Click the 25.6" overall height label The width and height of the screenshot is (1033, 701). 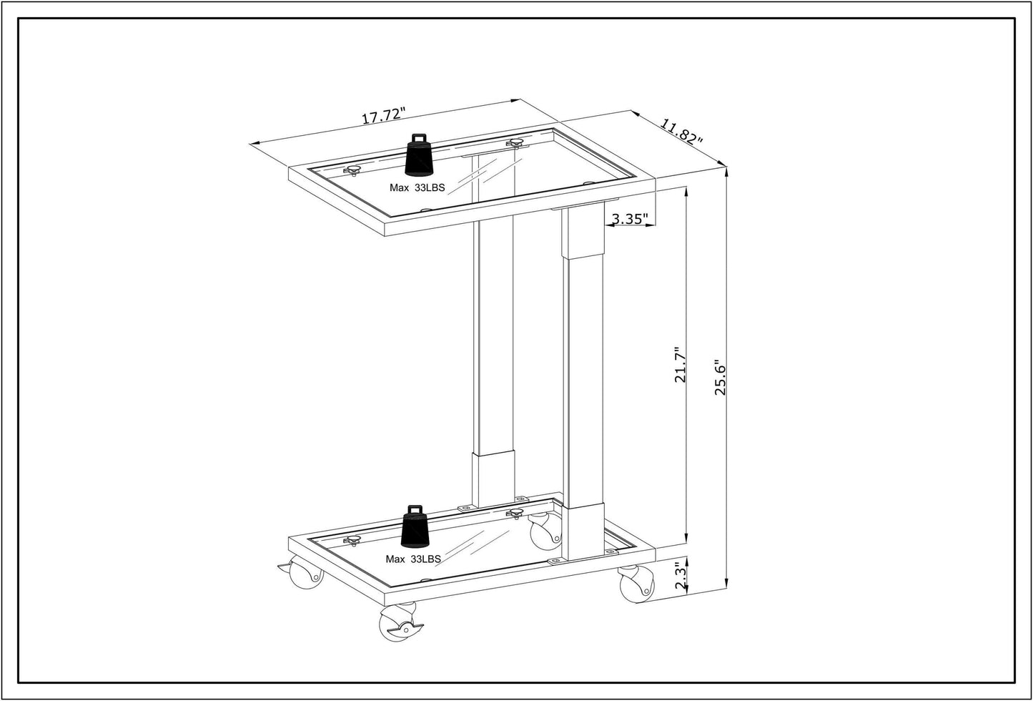pyautogui.click(x=720, y=378)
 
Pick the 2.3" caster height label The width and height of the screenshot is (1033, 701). pyautogui.click(x=681, y=574)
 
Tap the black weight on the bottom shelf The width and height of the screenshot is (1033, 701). pyautogui.click(x=416, y=527)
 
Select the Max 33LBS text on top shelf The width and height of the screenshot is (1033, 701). pyautogui.click(x=417, y=187)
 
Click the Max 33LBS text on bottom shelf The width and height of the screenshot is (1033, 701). pyautogui.click(x=413, y=559)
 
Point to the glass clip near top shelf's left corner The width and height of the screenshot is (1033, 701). pyautogui.click(x=352, y=170)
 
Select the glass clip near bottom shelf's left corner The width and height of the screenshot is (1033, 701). pyautogui.click(x=352, y=541)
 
